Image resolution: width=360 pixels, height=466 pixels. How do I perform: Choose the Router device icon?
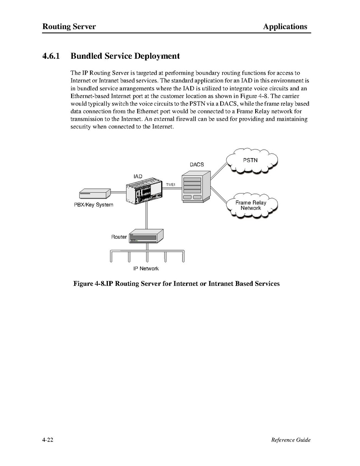(x=146, y=236)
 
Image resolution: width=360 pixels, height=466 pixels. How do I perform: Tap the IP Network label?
(x=146, y=269)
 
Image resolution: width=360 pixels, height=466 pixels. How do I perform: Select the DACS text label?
(x=197, y=165)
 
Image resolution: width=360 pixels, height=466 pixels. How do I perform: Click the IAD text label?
(x=138, y=176)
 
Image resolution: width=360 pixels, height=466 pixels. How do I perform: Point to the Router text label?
(x=119, y=237)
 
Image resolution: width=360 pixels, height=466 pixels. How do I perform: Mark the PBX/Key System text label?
(x=93, y=205)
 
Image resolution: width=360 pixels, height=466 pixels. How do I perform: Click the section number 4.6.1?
(x=51, y=56)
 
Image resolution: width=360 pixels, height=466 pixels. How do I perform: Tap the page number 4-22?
(x=48, y=440)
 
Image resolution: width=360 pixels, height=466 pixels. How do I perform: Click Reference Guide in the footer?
(x=291, y=440)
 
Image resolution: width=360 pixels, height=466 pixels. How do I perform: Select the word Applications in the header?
(x=285, y=26)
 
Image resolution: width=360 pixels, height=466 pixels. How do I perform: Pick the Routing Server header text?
(x=69, y=26)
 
